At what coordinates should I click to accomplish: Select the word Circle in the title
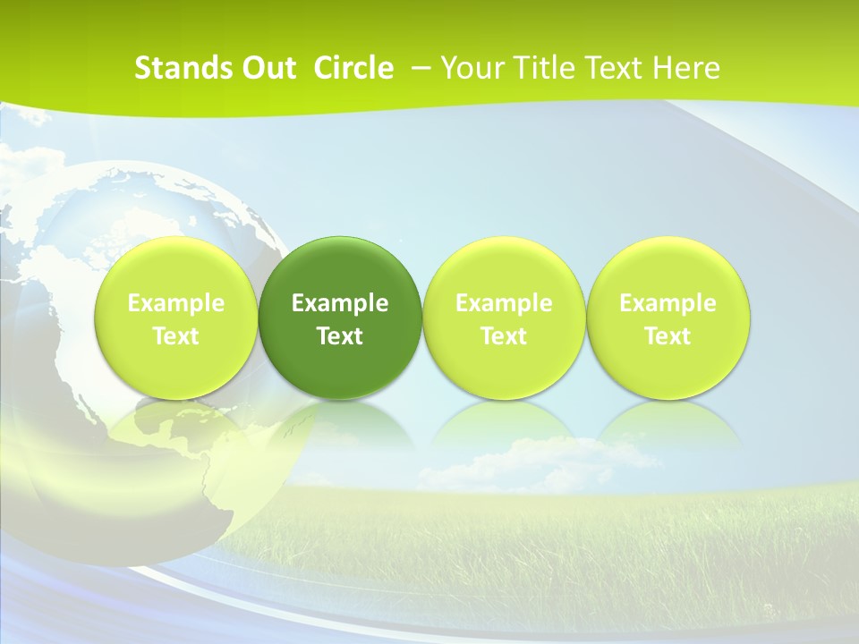pyautogui.click(x=353, y=68)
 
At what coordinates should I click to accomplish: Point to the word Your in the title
pyautogui.click(x=468, y=68)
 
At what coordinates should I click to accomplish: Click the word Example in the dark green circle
pyautogui.click(x=340, y=303)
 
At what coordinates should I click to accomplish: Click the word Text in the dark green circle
pyautogui.click(x=340, y=336)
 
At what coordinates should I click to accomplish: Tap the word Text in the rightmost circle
pyautogui.click(x=668, y=336)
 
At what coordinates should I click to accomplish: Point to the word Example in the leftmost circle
pyautogui.click(x=175, y=303)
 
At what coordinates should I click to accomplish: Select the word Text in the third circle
pyautogui.click(x=504, y=336)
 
